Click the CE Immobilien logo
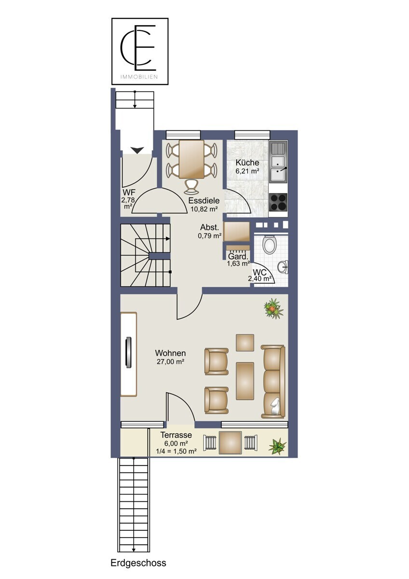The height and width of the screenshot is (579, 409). (140, 51)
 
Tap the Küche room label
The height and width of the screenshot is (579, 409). (247, 163)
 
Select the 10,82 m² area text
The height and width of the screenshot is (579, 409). (204, 209)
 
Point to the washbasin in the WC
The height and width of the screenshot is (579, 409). (283, 266)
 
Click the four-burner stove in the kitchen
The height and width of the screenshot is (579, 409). (278, 202)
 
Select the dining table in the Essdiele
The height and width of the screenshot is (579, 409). (191, 159)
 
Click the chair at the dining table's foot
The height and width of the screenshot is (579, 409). (191, 186)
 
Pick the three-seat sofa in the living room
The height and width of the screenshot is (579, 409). (273, 381)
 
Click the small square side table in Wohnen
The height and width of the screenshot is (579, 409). (245, 343)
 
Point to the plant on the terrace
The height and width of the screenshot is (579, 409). (277, 446)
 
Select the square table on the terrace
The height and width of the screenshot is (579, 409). (231, 443)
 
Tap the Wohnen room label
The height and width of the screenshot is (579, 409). (170, 353)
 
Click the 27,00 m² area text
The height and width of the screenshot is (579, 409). (170, 361)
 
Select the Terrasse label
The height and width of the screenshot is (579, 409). (176, 435)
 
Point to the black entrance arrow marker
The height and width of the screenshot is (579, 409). (137, 150)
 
